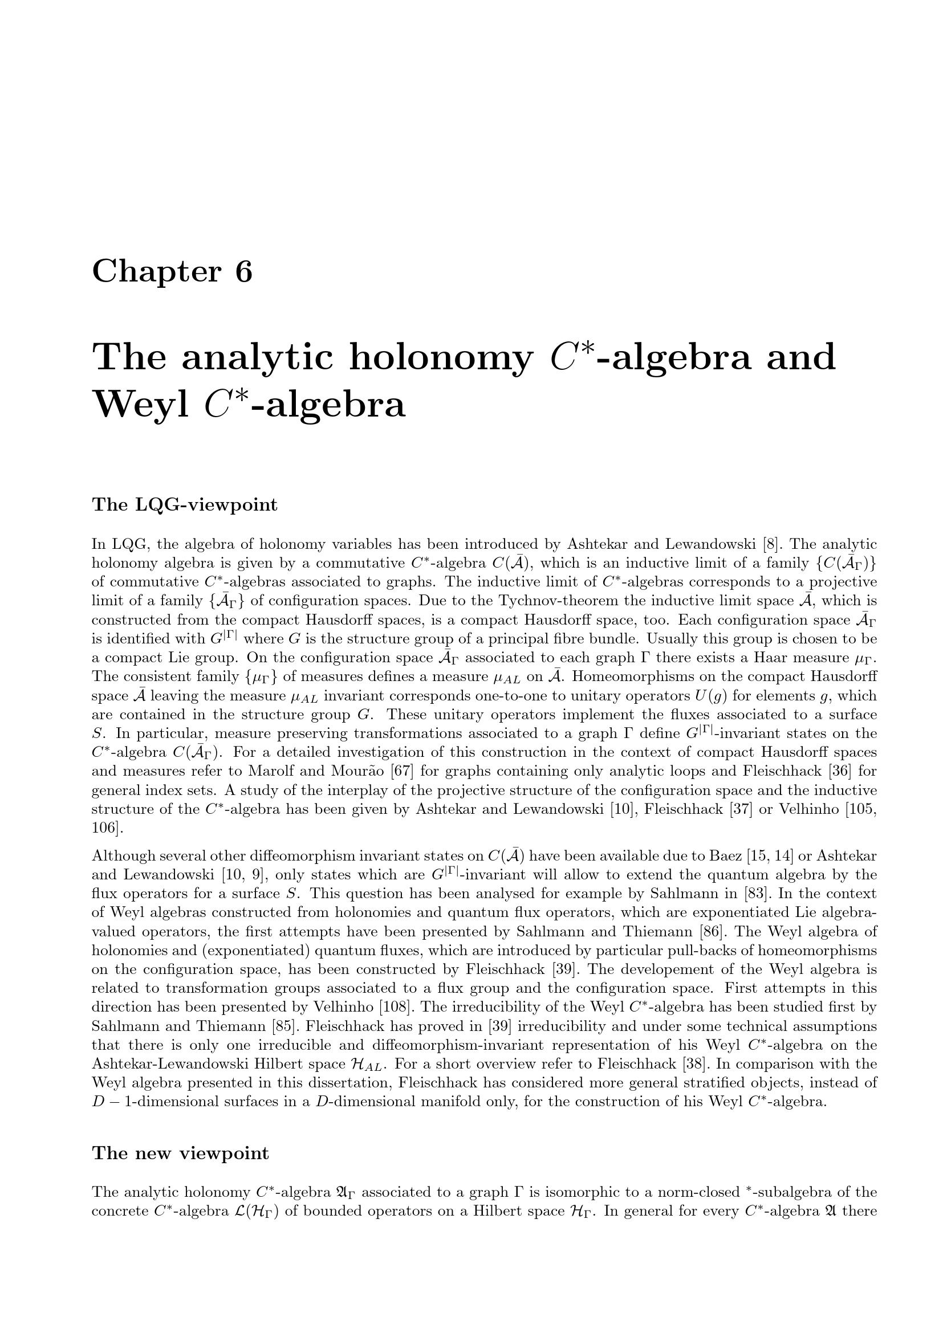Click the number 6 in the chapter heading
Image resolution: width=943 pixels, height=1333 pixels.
pos(244,272)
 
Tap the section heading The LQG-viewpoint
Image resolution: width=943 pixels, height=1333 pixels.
pos(185,505)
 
